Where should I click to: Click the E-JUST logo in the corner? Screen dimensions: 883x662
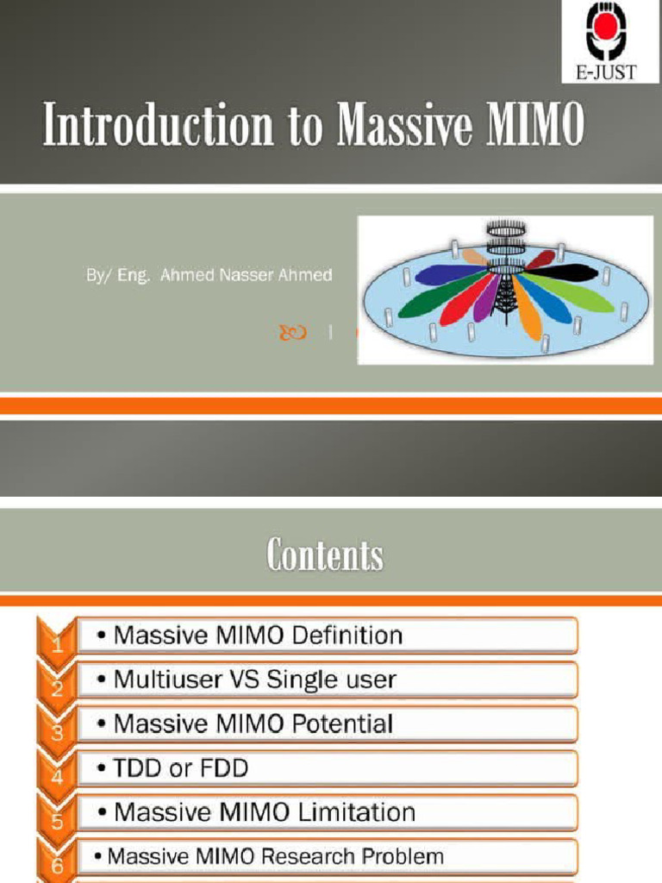611,41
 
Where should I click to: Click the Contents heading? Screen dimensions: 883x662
325,554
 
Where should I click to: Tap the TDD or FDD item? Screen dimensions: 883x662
180,767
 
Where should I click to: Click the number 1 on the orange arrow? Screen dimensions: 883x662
57,643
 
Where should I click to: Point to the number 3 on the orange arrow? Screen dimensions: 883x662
57,732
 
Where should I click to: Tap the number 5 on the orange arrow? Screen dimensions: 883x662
57,821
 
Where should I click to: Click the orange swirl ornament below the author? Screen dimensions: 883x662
293,331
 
